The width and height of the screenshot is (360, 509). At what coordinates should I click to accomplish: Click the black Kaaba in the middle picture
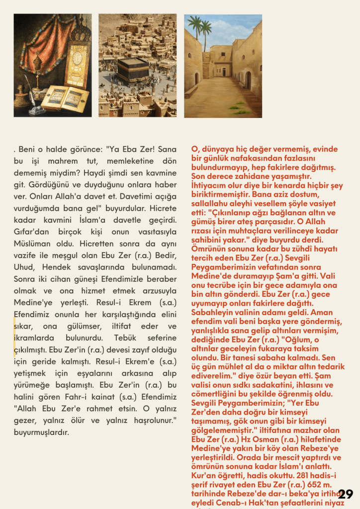tap(133, 70)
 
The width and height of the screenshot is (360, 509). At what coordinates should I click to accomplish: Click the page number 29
tap(345, 494)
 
